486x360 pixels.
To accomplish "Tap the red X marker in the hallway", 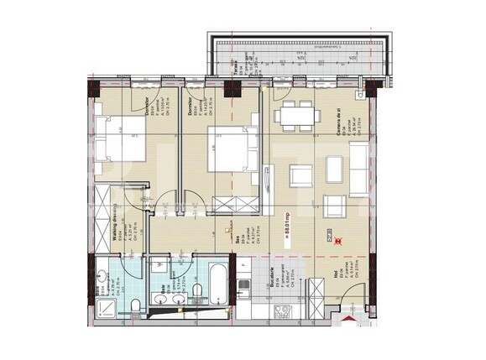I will tap(337, 241).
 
